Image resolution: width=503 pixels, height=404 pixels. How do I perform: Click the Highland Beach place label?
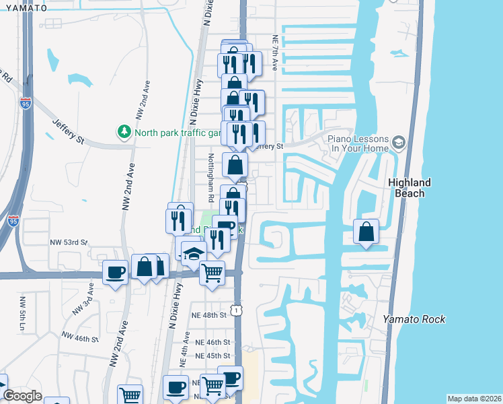(409, 188)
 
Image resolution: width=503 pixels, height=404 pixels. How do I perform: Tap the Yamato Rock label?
(414, 319)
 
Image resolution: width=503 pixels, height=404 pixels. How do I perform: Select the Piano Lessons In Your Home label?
(358, 143)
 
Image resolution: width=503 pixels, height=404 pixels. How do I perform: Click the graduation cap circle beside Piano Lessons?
(399, 142)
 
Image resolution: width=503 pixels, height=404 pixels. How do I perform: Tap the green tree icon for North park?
(124, 131)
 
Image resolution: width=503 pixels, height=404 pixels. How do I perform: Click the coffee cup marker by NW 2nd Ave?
(115, 272)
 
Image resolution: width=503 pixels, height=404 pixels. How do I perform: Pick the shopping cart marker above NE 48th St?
(212, 273)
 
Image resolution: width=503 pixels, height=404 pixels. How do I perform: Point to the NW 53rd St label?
(69, 242)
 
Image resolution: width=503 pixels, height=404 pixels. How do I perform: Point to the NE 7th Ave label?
(274, 53)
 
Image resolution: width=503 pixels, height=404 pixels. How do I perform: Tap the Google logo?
(22, 396)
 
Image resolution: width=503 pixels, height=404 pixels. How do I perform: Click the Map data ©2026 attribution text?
(474, 399)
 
